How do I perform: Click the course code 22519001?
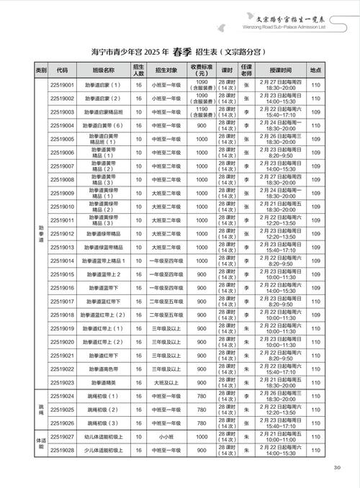click(63, 84)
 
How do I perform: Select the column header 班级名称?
click(104, 70)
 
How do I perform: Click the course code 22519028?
click(63, 451)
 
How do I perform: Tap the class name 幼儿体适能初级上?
click(104, 437)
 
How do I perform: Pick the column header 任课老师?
click(246, 70)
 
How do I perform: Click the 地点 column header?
click(315, 70)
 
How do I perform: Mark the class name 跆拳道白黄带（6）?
click(104, 125)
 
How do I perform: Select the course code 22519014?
click(63, 261)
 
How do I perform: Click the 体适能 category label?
click(41, 443)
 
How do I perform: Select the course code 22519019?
click(63, 328)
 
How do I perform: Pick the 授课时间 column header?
click(281, 70)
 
